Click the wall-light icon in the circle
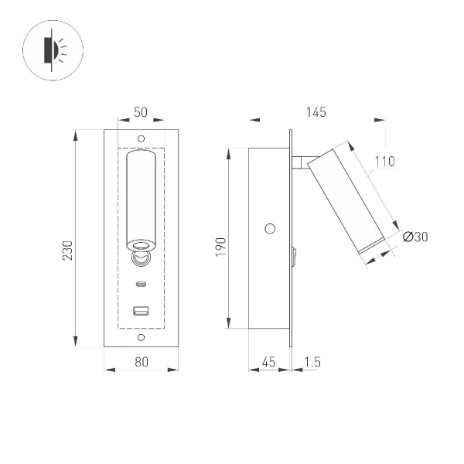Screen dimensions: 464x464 pos(53,53)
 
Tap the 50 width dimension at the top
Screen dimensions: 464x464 pos(141,112)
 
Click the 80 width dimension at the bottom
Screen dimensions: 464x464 pos(141,361)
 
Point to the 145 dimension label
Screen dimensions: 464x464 pos(316,112)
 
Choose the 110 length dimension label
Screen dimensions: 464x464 pos(384,162)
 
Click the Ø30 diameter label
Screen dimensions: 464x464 pos(415,237)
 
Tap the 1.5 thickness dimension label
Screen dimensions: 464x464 pos(313,361)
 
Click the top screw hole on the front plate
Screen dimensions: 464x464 pos(141,138)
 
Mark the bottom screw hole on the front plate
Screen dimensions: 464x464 pos(141,338)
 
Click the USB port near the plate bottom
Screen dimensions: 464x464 pos(141,312)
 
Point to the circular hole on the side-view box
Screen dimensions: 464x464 pos(270,228)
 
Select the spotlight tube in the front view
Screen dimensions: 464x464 pos(141,197)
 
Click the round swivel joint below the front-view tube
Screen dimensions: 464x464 pos(141,255)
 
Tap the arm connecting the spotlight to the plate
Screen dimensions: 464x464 pos(300,162)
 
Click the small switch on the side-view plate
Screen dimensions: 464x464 pos(294,256)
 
